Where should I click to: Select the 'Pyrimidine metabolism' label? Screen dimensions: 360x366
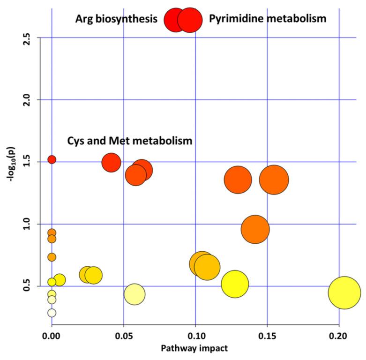tap(267, 19)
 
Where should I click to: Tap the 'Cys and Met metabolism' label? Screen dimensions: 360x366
tap(130, 141)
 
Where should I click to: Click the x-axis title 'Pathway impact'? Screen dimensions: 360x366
tap(194, 349)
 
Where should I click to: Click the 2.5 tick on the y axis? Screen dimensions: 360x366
tap(27, 37)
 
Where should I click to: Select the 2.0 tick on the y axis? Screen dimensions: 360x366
tap(27, 100)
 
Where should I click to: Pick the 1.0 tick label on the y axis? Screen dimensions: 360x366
tap(27, 224)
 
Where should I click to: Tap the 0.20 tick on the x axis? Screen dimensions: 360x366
tap(338, 336)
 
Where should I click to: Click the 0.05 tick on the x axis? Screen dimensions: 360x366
tap(123, 336)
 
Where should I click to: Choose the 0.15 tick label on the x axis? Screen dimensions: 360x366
tap(267, 336)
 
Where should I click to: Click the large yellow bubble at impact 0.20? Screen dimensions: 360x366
tap(344, 292)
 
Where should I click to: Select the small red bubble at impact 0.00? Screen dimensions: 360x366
tap(52, 159)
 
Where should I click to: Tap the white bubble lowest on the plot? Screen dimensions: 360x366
tap(52, 313)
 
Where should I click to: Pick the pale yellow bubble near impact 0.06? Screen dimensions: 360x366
tap(134, 294)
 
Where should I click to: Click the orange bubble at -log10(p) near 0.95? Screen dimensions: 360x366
tap(255, 229)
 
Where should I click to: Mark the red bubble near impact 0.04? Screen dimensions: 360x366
tap(111, 163)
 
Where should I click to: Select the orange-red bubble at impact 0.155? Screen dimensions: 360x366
tap(274, 180)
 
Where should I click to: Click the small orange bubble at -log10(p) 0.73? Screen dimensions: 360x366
tap(52, 257)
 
